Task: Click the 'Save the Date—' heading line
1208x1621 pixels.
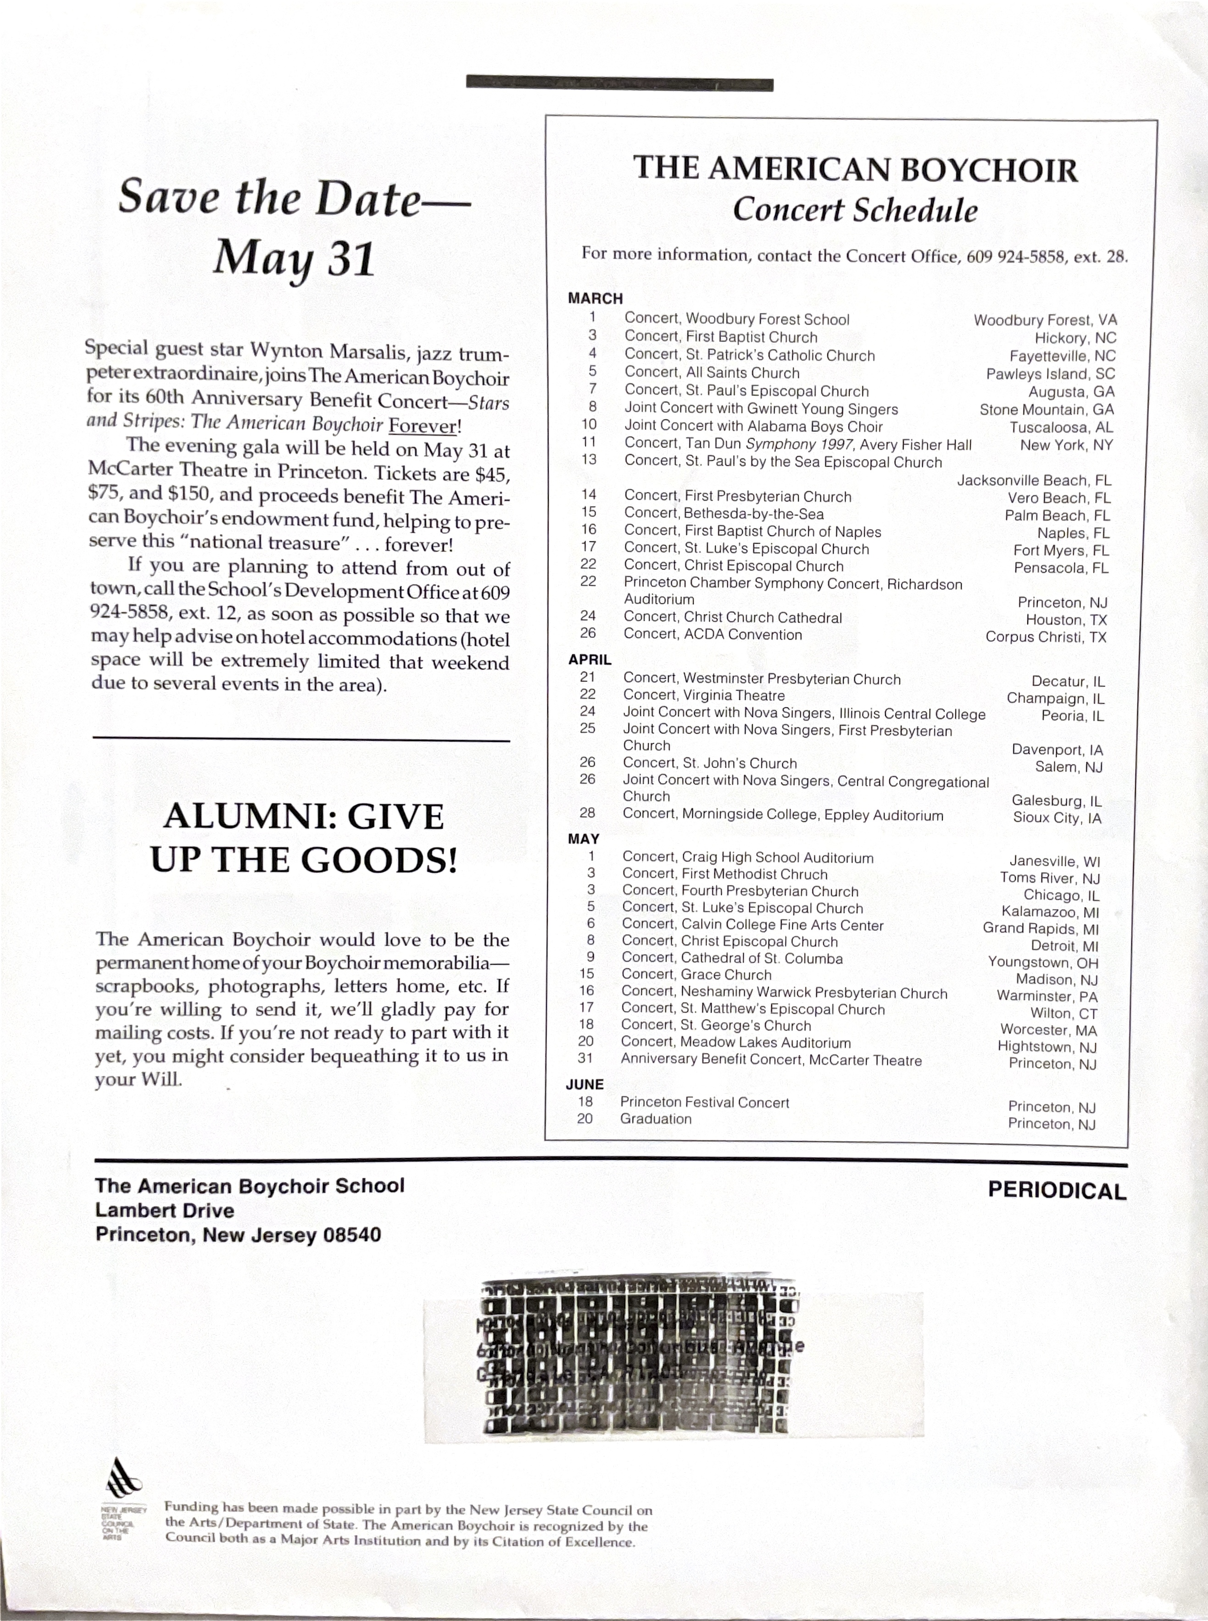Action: click(294, 199)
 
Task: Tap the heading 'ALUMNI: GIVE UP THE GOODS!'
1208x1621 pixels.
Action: click(303, 838)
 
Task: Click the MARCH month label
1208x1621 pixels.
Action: click(595, 298)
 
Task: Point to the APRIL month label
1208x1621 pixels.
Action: click(590, 659)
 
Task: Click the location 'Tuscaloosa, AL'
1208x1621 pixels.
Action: click(1061, 428)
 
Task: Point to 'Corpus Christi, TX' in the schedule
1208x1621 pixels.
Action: click(1046, 637)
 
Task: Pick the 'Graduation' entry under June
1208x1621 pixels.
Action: click(655, 1119)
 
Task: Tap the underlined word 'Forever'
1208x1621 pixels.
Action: click(422, 425)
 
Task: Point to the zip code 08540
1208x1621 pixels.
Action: click(352, 1236)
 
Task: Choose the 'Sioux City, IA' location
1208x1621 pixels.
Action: click(1057, 818)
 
